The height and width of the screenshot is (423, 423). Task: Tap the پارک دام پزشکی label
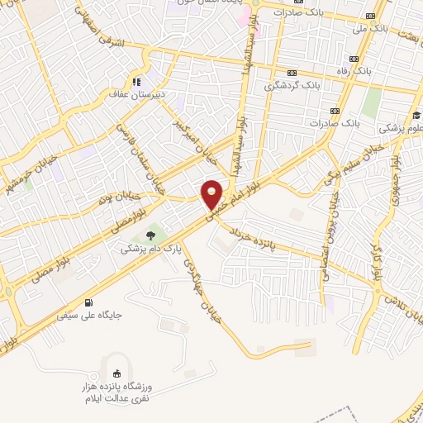pos(148,246)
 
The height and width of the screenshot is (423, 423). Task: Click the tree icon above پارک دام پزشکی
pos(149,234)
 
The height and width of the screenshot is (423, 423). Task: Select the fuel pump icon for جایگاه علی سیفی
pos(89,302)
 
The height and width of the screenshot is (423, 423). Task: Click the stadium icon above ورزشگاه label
pos(116,374)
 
